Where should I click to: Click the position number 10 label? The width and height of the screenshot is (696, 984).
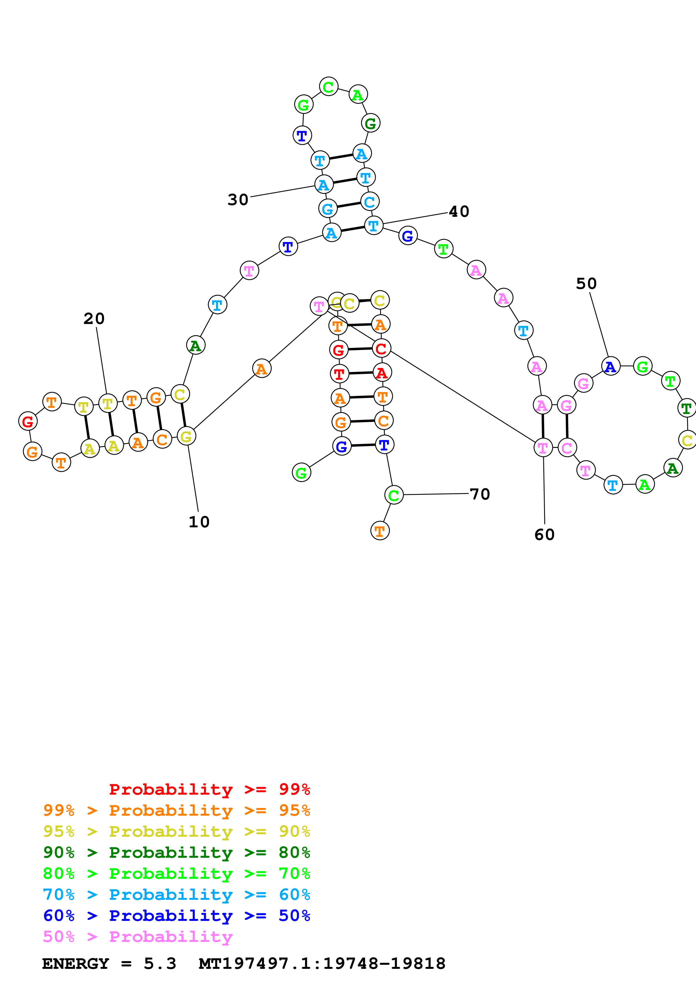pyautogui.click(x=199, y=522)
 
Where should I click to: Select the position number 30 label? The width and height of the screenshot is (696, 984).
pyautogui.click(x=238, y=200)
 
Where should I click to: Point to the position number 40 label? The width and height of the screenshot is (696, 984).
pyautogui.click(x=459, y=211)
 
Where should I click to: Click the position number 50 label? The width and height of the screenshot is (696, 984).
pyautogui.click(x=586, y=284)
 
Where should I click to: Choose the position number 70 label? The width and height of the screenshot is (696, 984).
pyautogui.click(x=480, y=494)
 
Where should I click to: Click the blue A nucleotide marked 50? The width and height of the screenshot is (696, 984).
pyautogui.click(x=611, y=366)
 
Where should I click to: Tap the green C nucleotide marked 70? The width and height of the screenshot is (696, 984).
pyautogui.click(x=394, y=495)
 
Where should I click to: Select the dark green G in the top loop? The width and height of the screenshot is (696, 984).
pyautogui.click(x=371, y=123)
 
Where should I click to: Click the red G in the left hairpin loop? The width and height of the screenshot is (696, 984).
pyautogui.click(x=28, y=422)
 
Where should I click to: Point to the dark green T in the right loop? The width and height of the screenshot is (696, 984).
pyautogui.click(x=686, y=408)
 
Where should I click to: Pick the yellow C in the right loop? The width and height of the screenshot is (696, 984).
pyautogui.click(x=687, y=440)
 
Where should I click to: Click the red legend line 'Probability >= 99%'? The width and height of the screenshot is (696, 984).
pyautogui.click(x=209, y=789)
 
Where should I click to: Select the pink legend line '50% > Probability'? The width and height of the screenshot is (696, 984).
pyautogui.click(x=138, y=937)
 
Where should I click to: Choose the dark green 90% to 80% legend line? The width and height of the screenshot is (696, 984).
pyautogui.click(x=176, y=852)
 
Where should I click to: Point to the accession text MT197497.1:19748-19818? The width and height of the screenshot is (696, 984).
pyautogui.click(x=322, y=964)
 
